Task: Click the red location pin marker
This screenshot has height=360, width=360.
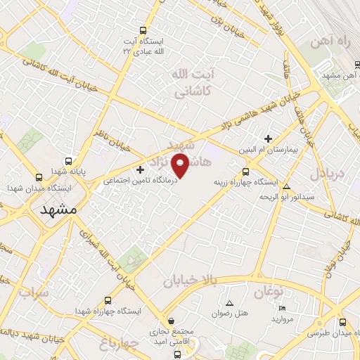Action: [181, 165]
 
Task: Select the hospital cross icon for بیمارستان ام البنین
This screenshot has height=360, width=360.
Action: [268, 138]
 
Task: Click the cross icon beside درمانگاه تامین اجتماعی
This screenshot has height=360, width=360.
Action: [141, 169]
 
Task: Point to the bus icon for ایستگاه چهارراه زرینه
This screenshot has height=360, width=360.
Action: [245, 172]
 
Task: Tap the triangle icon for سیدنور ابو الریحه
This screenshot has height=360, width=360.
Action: [286, 186]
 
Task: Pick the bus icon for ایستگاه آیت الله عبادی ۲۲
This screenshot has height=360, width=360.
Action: [143, 31]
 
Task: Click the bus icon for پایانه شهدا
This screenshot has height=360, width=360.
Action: [40, 177]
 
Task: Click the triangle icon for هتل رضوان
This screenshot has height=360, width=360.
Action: [229, 302]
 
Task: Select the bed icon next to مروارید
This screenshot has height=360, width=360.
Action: [282, 308]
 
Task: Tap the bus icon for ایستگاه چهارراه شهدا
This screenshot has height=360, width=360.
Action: [108, 300]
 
